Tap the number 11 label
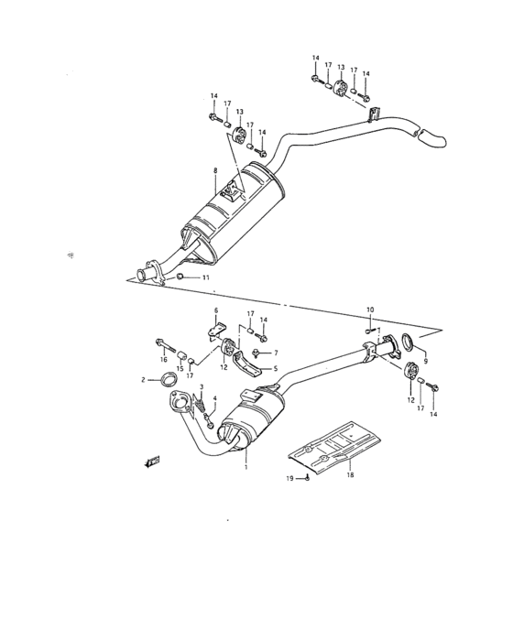click(206, 277)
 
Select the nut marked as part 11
click(181, 277)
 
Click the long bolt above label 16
click(163, 346)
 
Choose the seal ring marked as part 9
click(409, 343)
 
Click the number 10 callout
click(370, 310)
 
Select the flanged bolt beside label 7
click(258, 353)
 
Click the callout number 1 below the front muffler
click(246, 467)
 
